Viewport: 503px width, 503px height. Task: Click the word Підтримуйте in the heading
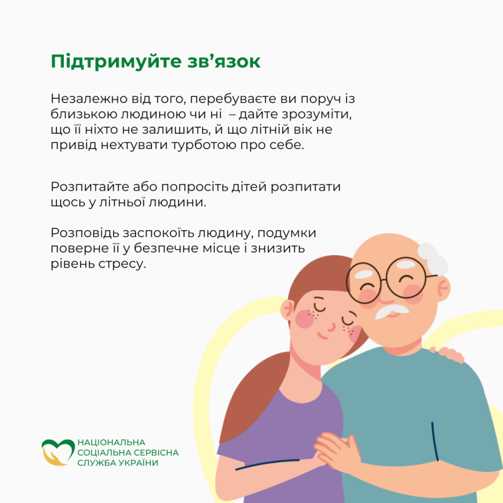coord(117,62)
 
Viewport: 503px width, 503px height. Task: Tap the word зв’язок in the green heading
coord(225,61)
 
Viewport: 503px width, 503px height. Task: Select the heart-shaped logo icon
coord(58,452)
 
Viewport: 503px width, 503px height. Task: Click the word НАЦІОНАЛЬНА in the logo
coord(111,442)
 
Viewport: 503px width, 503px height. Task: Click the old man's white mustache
coord(391,311)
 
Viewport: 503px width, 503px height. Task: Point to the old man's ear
coord(443,288)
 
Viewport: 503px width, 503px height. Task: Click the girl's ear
coord(288,310)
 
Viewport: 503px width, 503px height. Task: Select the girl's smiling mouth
coord(322,336)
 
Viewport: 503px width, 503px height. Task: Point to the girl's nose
coord(332,328)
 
